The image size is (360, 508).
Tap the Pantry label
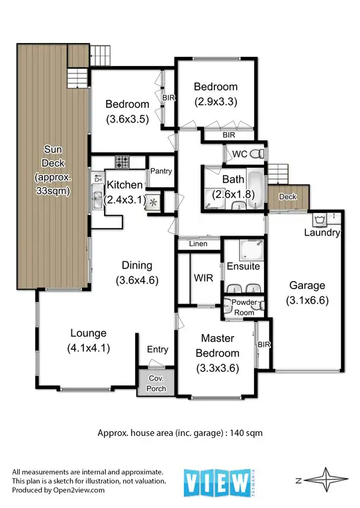point(161,171)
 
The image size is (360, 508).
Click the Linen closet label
point(198,244)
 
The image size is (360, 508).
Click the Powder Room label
point(244,308)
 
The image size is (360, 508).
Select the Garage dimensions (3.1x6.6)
point(307,299)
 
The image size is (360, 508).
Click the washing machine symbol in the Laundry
point(322,219)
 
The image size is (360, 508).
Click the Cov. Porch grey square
point(156,383)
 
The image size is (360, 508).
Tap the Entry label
point(157,349)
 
